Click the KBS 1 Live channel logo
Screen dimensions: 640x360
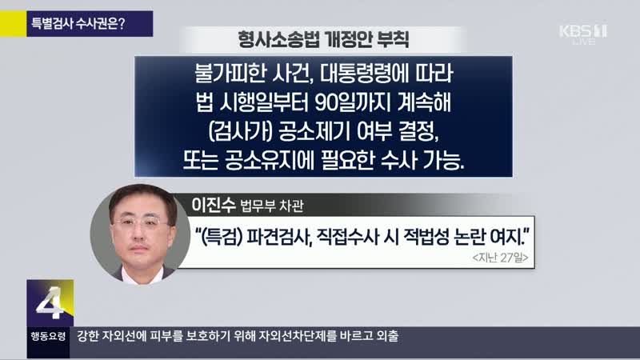coord(583,34)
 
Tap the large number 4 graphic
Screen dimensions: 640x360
coord(50,303)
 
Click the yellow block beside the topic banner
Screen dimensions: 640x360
coord(13,24)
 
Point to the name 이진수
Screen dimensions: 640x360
coord(214,204)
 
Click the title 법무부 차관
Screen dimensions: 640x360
coord(272,206)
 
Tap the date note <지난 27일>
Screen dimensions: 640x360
coord(500,258)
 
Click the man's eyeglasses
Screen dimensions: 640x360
coord(141,223)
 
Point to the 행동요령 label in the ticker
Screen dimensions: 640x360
coord(48,336)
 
